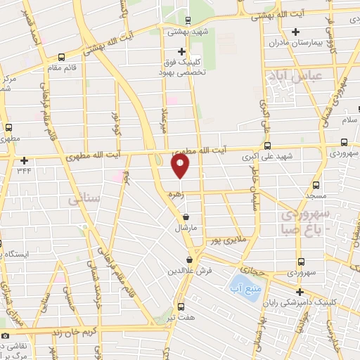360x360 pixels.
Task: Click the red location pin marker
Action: point(181,166)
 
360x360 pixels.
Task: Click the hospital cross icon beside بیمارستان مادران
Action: point(296,32)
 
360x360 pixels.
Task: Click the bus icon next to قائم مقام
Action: point(62,57)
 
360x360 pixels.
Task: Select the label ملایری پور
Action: point(229,240)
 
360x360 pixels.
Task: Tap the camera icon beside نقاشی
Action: point(6,336)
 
